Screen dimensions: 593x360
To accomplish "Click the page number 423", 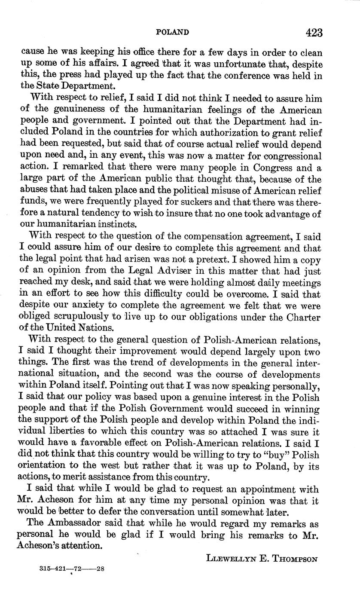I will pos(314,33).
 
